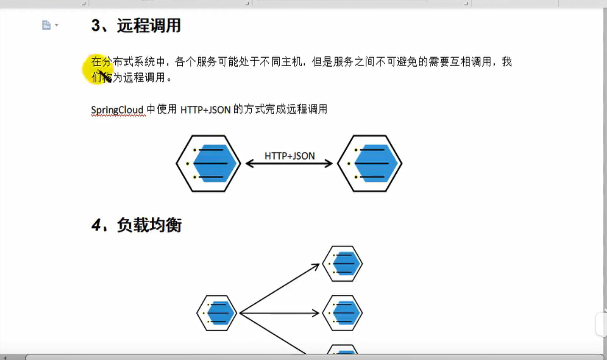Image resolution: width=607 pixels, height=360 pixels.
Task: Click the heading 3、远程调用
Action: click(136, 26)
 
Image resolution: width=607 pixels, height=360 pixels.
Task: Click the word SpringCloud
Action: click(117, 109)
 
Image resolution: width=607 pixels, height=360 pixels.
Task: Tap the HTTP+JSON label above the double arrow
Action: click(290, 156)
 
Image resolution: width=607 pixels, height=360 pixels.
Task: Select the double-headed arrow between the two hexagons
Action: click(289, 164)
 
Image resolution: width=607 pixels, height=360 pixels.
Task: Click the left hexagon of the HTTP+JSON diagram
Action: click(208, 163)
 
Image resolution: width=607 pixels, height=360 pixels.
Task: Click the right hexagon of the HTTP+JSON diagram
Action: click(369, 163)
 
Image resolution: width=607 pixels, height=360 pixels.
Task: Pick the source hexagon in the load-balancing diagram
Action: click(217, 313)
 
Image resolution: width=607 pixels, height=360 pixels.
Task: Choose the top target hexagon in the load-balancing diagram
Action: click(343, 264)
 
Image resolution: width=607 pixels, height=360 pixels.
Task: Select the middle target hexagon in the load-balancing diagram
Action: click(343, 313)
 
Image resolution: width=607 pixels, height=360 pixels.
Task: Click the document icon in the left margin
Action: click(46, 25)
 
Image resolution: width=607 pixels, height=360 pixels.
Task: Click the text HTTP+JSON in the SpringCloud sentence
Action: click(205, 109)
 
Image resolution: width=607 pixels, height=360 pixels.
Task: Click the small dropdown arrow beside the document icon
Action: click(57, 25)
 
